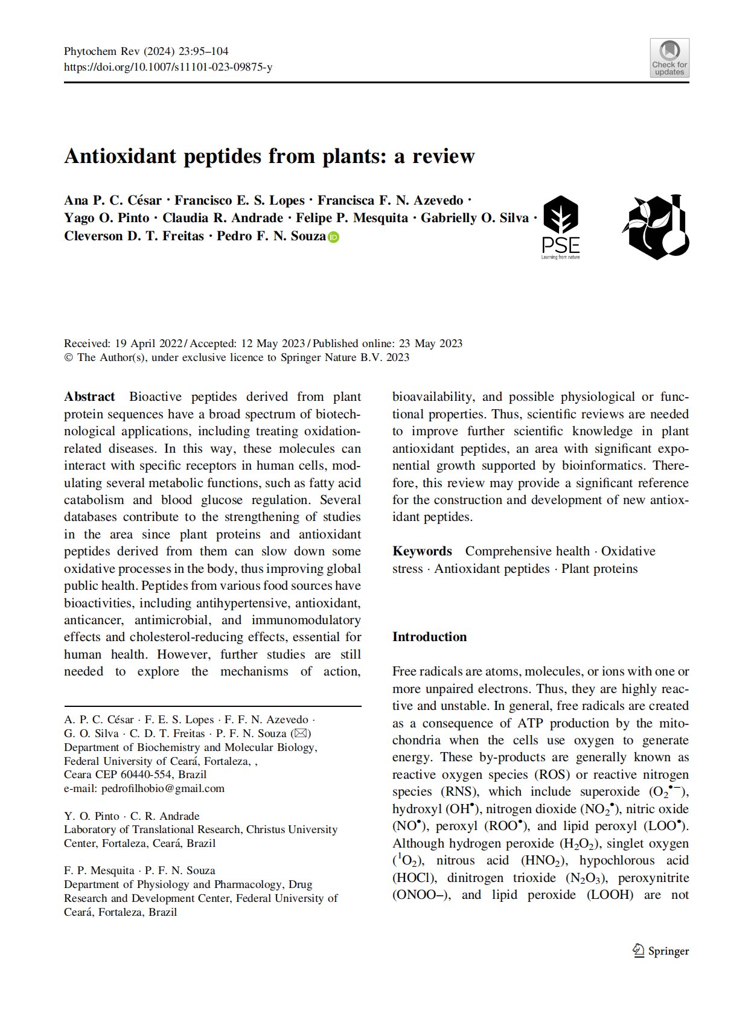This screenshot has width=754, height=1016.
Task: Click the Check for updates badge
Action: (x=669, y=58)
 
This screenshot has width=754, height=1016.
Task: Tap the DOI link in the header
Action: (x=168, y=67)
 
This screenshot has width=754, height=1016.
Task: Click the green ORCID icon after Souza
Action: (x=334, y=237)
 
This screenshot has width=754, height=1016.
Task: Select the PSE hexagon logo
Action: (x=561, y=227)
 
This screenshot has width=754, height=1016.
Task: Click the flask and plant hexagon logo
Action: (x=656, y=227)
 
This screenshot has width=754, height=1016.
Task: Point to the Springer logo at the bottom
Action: (x=661, y=951)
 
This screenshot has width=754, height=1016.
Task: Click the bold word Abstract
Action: (x=89, y=397)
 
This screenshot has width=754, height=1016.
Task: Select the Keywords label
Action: (x=422, y=551)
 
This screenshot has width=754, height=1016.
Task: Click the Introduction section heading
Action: (x=429, y=637)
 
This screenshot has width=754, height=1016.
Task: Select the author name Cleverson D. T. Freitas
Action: (x=134, y=236)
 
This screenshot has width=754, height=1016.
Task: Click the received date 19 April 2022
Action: (x=148, y=343)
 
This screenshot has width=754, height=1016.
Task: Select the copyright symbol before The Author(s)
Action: (x=68, y=357)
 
